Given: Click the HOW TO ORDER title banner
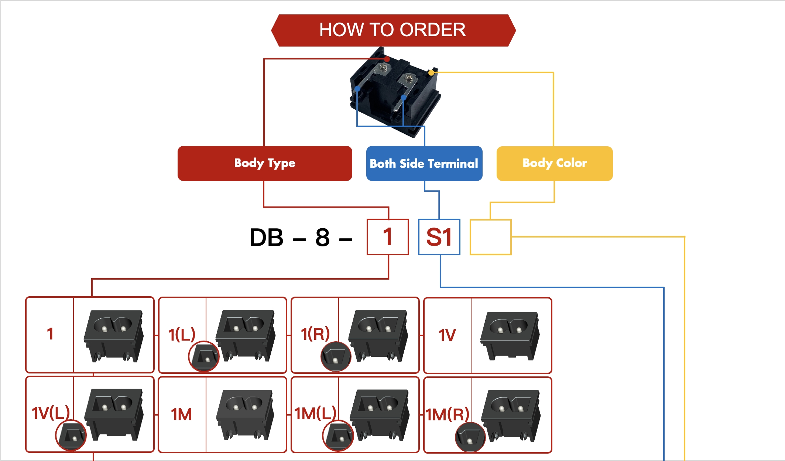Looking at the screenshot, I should click(x=393, y=30).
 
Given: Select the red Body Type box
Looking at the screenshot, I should click(x=265, y=163).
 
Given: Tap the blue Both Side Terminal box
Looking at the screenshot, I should click(x=424, y=163).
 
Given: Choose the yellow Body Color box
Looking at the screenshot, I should click(x=554, y=163).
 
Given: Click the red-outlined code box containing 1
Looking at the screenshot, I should click(x=388, y=237).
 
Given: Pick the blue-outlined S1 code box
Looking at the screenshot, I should click(x=439, y=237).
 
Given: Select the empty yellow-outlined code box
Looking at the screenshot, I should click(x=490, y=237).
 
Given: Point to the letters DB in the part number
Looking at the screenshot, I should click(x=266, y=237).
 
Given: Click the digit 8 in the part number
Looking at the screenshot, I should click(x=322, y=237).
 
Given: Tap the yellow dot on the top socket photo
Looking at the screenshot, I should click(x=431, y=73).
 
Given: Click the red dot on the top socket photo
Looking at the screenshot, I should click(x=387, y=59).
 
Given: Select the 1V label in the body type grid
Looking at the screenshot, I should click(x=447, y=335).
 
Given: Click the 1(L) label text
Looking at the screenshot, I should click(x=181, y=335).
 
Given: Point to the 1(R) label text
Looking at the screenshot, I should click(x=315, y=334).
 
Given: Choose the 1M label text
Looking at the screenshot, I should click(x=181, y=414).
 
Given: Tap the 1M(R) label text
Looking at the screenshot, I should click(x=447, y=414).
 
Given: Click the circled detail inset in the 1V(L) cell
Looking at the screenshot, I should click(x=71, y=435).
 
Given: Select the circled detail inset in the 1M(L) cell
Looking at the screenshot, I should click(x=338, y=435).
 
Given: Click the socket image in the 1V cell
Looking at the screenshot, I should click(x=510, y=335).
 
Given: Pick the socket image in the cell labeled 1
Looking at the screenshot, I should click(x=113, y=335).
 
